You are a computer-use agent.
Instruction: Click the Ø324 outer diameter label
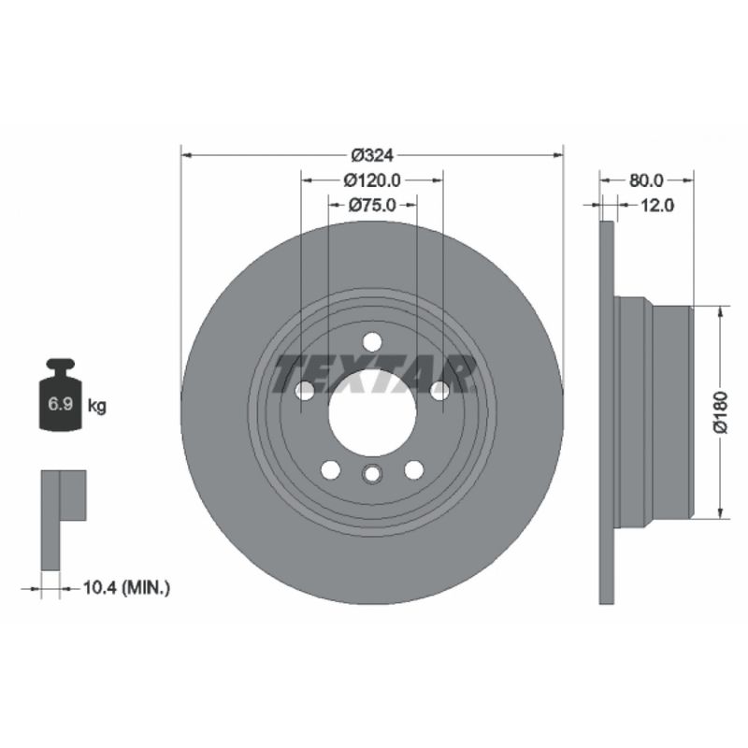371,154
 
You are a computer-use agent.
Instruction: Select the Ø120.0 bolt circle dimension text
371,180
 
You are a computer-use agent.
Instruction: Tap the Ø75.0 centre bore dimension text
372,205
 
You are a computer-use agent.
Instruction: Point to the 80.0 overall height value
645,180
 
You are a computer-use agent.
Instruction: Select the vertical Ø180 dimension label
733,412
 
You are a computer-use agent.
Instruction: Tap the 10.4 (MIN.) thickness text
126,587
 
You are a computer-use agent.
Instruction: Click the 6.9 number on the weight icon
59,405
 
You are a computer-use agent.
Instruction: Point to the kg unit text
95,406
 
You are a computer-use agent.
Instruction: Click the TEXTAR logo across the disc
372,374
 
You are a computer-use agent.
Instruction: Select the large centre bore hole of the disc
372,412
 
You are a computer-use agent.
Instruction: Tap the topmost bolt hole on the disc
372,341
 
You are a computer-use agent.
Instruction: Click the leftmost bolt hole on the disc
304,392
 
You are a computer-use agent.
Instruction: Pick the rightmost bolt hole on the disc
440,392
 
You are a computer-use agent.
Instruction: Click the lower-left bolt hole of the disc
330,469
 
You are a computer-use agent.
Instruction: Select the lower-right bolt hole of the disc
413,469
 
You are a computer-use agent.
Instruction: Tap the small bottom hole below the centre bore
372,475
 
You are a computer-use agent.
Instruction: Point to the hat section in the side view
654,412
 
